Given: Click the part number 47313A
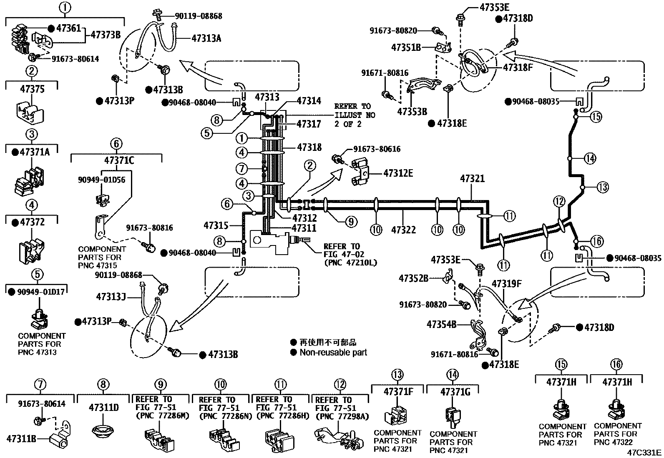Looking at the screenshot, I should [206, 38].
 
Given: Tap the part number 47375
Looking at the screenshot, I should [32, 90].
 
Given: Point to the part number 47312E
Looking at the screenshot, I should [398, 173].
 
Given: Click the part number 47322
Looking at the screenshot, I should [403, 230].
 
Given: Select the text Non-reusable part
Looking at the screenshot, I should [333, 353].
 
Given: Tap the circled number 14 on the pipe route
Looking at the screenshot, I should [590, 158].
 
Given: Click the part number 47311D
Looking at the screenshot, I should [103, 408].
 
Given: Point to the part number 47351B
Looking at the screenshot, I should [406, 48].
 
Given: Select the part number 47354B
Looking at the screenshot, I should [441, 324].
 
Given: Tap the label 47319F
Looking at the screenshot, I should [506, 284].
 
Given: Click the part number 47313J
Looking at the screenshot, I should [111, 297].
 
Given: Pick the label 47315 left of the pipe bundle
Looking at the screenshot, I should [216, 225].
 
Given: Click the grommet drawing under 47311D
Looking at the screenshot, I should [103, 430].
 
